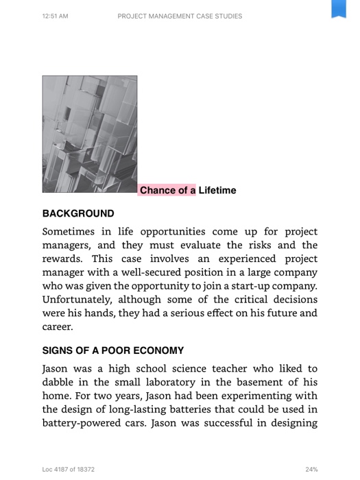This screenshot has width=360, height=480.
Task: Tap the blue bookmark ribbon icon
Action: point(339,9)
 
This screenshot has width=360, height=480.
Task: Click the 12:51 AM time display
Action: point(55,16)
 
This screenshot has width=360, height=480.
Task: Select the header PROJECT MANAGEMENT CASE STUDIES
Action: point(180,16)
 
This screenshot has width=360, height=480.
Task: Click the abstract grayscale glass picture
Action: point(90,134)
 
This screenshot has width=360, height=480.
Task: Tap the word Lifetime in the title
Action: point(217,191)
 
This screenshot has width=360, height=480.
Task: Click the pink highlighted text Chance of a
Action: point(167,191)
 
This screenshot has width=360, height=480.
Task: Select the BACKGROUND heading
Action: point(78,214)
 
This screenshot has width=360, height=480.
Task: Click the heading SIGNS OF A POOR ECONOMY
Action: point(113,350)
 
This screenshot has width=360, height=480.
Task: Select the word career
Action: point(58,327)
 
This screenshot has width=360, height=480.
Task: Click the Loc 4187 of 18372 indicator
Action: point(69,470)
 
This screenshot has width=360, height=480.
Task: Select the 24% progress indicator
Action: point(311,470)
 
